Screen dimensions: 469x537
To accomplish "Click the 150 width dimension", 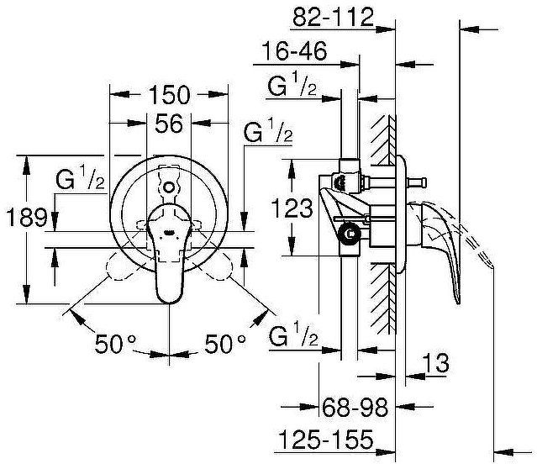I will click(x=170, y=94).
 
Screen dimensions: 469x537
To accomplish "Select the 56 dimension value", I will click(x=170, y=124).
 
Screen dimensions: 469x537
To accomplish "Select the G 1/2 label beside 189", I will click(x=80, y=180).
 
